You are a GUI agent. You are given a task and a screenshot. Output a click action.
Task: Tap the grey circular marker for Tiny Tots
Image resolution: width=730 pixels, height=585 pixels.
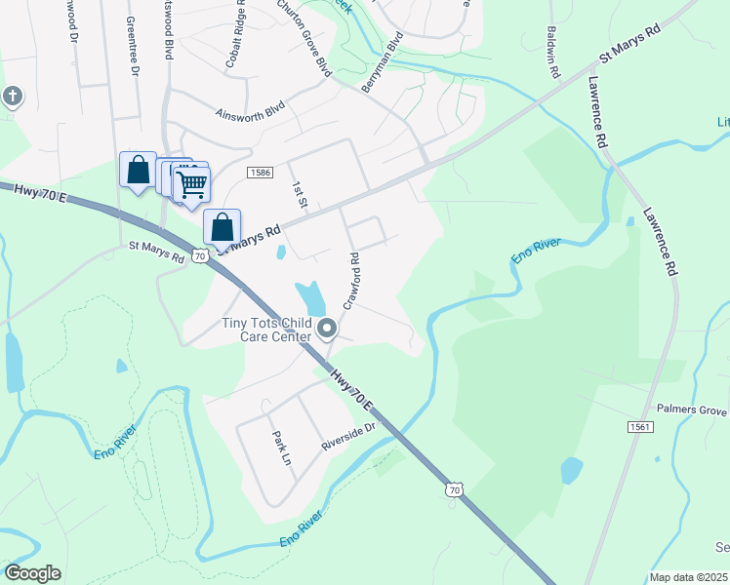coord(328,330)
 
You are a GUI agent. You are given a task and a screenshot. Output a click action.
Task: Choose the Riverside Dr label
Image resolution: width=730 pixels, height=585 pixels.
coord(348,437)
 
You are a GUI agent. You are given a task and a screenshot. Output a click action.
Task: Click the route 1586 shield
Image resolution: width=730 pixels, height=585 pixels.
coord(259,173)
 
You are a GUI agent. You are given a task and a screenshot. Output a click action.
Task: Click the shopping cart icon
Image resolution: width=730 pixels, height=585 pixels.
coord(192,183)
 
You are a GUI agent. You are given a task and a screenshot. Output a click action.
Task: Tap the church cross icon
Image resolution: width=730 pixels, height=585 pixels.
coord(12,97)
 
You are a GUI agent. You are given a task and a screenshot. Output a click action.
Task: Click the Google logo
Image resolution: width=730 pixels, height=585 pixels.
coord(32,573)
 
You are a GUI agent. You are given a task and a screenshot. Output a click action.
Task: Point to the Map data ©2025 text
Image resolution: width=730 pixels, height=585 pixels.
coord(689,577)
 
